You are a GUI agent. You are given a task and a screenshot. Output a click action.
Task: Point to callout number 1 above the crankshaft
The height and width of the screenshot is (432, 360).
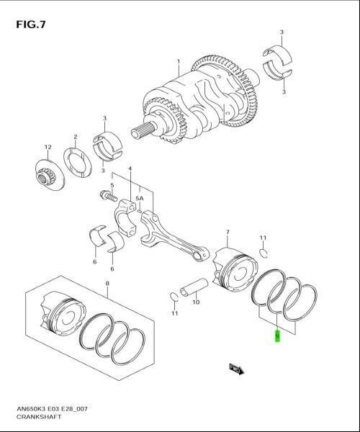click(x=178, y=62)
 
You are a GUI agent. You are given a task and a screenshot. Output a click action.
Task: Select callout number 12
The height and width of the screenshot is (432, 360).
click(x=48, y=147)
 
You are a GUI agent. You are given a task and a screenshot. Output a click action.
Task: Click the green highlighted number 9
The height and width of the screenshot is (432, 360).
click(x=277, y=335)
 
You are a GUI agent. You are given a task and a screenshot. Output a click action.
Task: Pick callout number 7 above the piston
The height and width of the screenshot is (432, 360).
click(x=227, y=232)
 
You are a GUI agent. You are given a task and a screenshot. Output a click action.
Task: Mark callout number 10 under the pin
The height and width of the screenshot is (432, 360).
click(x=195, y=302)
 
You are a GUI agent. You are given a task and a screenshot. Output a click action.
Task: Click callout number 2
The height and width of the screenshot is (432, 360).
click(x=75, y=137)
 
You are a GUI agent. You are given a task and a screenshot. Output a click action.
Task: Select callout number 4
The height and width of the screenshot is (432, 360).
click(x=130, y=169)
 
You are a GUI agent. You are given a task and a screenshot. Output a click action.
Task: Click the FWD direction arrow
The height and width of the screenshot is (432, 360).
click(x=236, y=370)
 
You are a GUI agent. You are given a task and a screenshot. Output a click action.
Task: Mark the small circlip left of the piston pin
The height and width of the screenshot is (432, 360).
click(x=174, y=295)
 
